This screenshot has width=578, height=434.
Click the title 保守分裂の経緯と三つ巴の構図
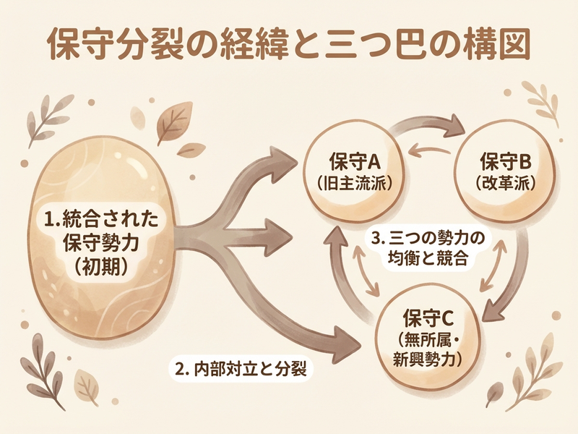(289, 45)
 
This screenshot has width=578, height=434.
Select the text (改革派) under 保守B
(506, 184)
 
